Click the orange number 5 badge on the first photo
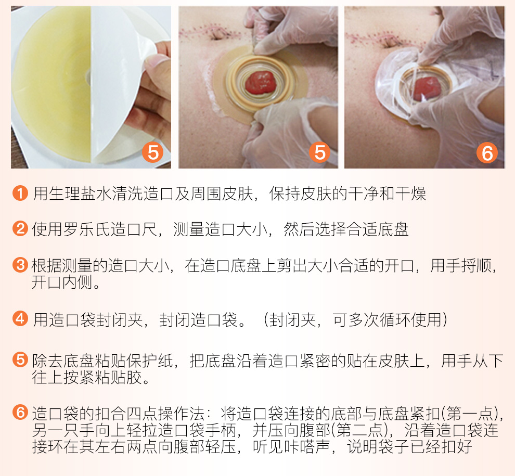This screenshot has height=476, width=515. [x=153, y=152]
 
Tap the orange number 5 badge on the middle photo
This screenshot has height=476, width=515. [x=320, y=152]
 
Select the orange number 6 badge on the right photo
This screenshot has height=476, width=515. [x=487, y=153]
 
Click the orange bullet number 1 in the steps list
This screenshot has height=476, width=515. [x=20, y=194]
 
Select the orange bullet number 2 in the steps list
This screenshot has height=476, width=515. [x=20, y=228]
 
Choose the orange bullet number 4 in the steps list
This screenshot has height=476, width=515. [x=20, y=318]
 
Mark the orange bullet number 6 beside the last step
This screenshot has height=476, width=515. [x=20, y=413]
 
